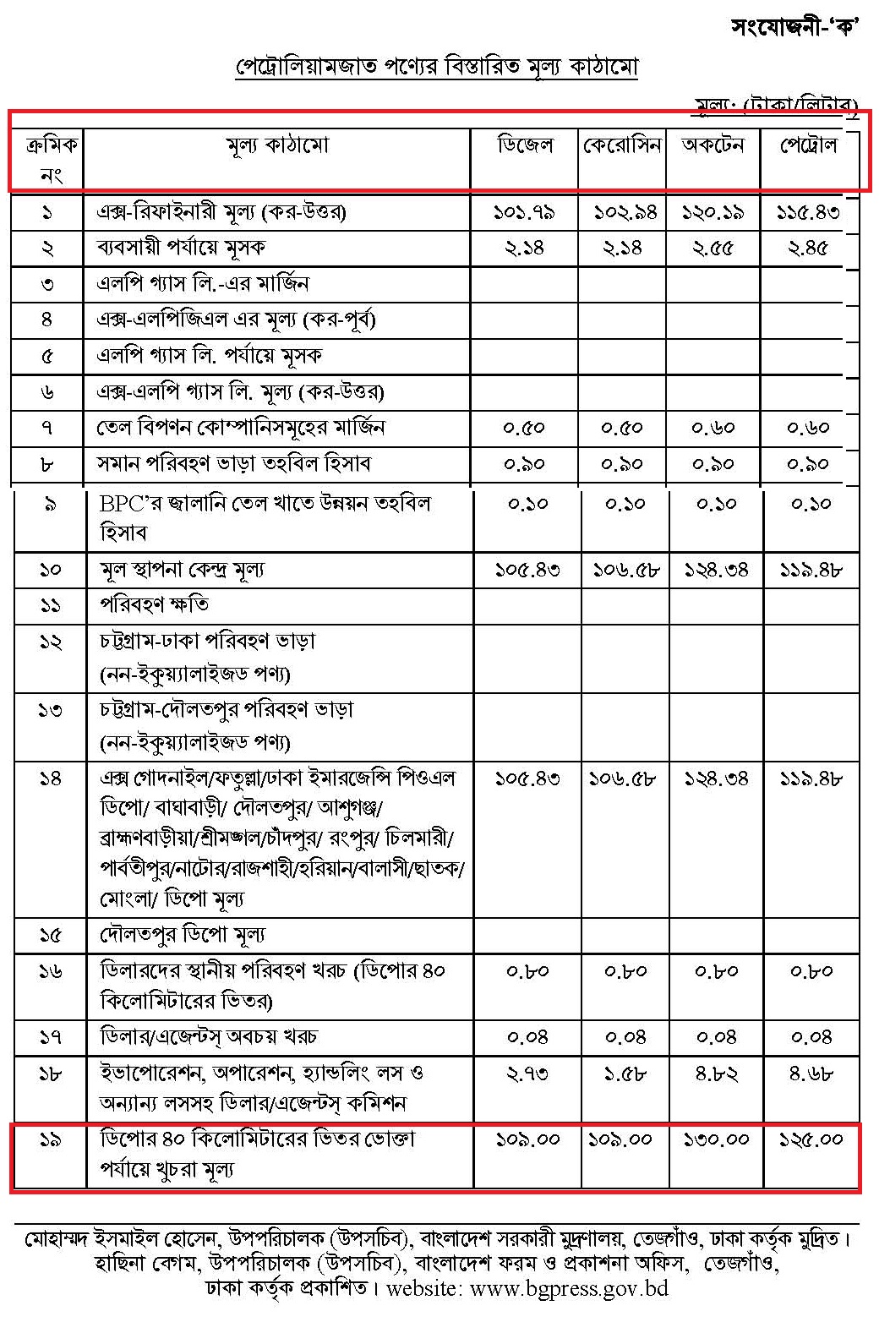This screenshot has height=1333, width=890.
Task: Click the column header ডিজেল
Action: tap(524, 145)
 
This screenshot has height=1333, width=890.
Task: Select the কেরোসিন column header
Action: tap(622, 145)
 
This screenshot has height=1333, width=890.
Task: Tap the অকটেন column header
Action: tap(713, 145)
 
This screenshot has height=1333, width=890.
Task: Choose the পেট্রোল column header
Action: tap(808, 145)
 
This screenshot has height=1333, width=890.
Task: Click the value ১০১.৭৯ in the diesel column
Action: tap(524, 212)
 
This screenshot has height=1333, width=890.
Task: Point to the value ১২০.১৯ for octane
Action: tap(713, 212)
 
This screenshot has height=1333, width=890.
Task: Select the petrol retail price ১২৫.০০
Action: tap(811, 1139)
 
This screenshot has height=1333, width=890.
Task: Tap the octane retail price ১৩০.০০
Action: tap(716, 1139)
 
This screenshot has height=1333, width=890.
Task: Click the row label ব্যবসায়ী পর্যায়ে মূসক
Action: tap(181, 249)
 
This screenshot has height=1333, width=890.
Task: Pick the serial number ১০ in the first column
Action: tap(50, 570)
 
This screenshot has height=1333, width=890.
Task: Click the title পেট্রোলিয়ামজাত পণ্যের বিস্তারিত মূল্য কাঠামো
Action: tap(436, 67)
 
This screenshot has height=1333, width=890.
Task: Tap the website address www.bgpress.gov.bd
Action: tap(569, 1289)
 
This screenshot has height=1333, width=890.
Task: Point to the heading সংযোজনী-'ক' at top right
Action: tap(794, 27)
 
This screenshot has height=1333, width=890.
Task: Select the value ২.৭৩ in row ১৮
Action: tap(527, 1074)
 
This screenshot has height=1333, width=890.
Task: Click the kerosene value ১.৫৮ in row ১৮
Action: tap(625, 1074)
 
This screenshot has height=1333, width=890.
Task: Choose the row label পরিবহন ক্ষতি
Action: tap(155, 605)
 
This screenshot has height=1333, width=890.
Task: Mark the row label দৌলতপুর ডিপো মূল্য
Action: tap(183, 935)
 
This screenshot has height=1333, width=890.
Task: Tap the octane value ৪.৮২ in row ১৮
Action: tap(716, 1074)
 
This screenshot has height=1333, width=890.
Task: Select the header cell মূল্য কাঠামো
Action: tap(277, 145)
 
